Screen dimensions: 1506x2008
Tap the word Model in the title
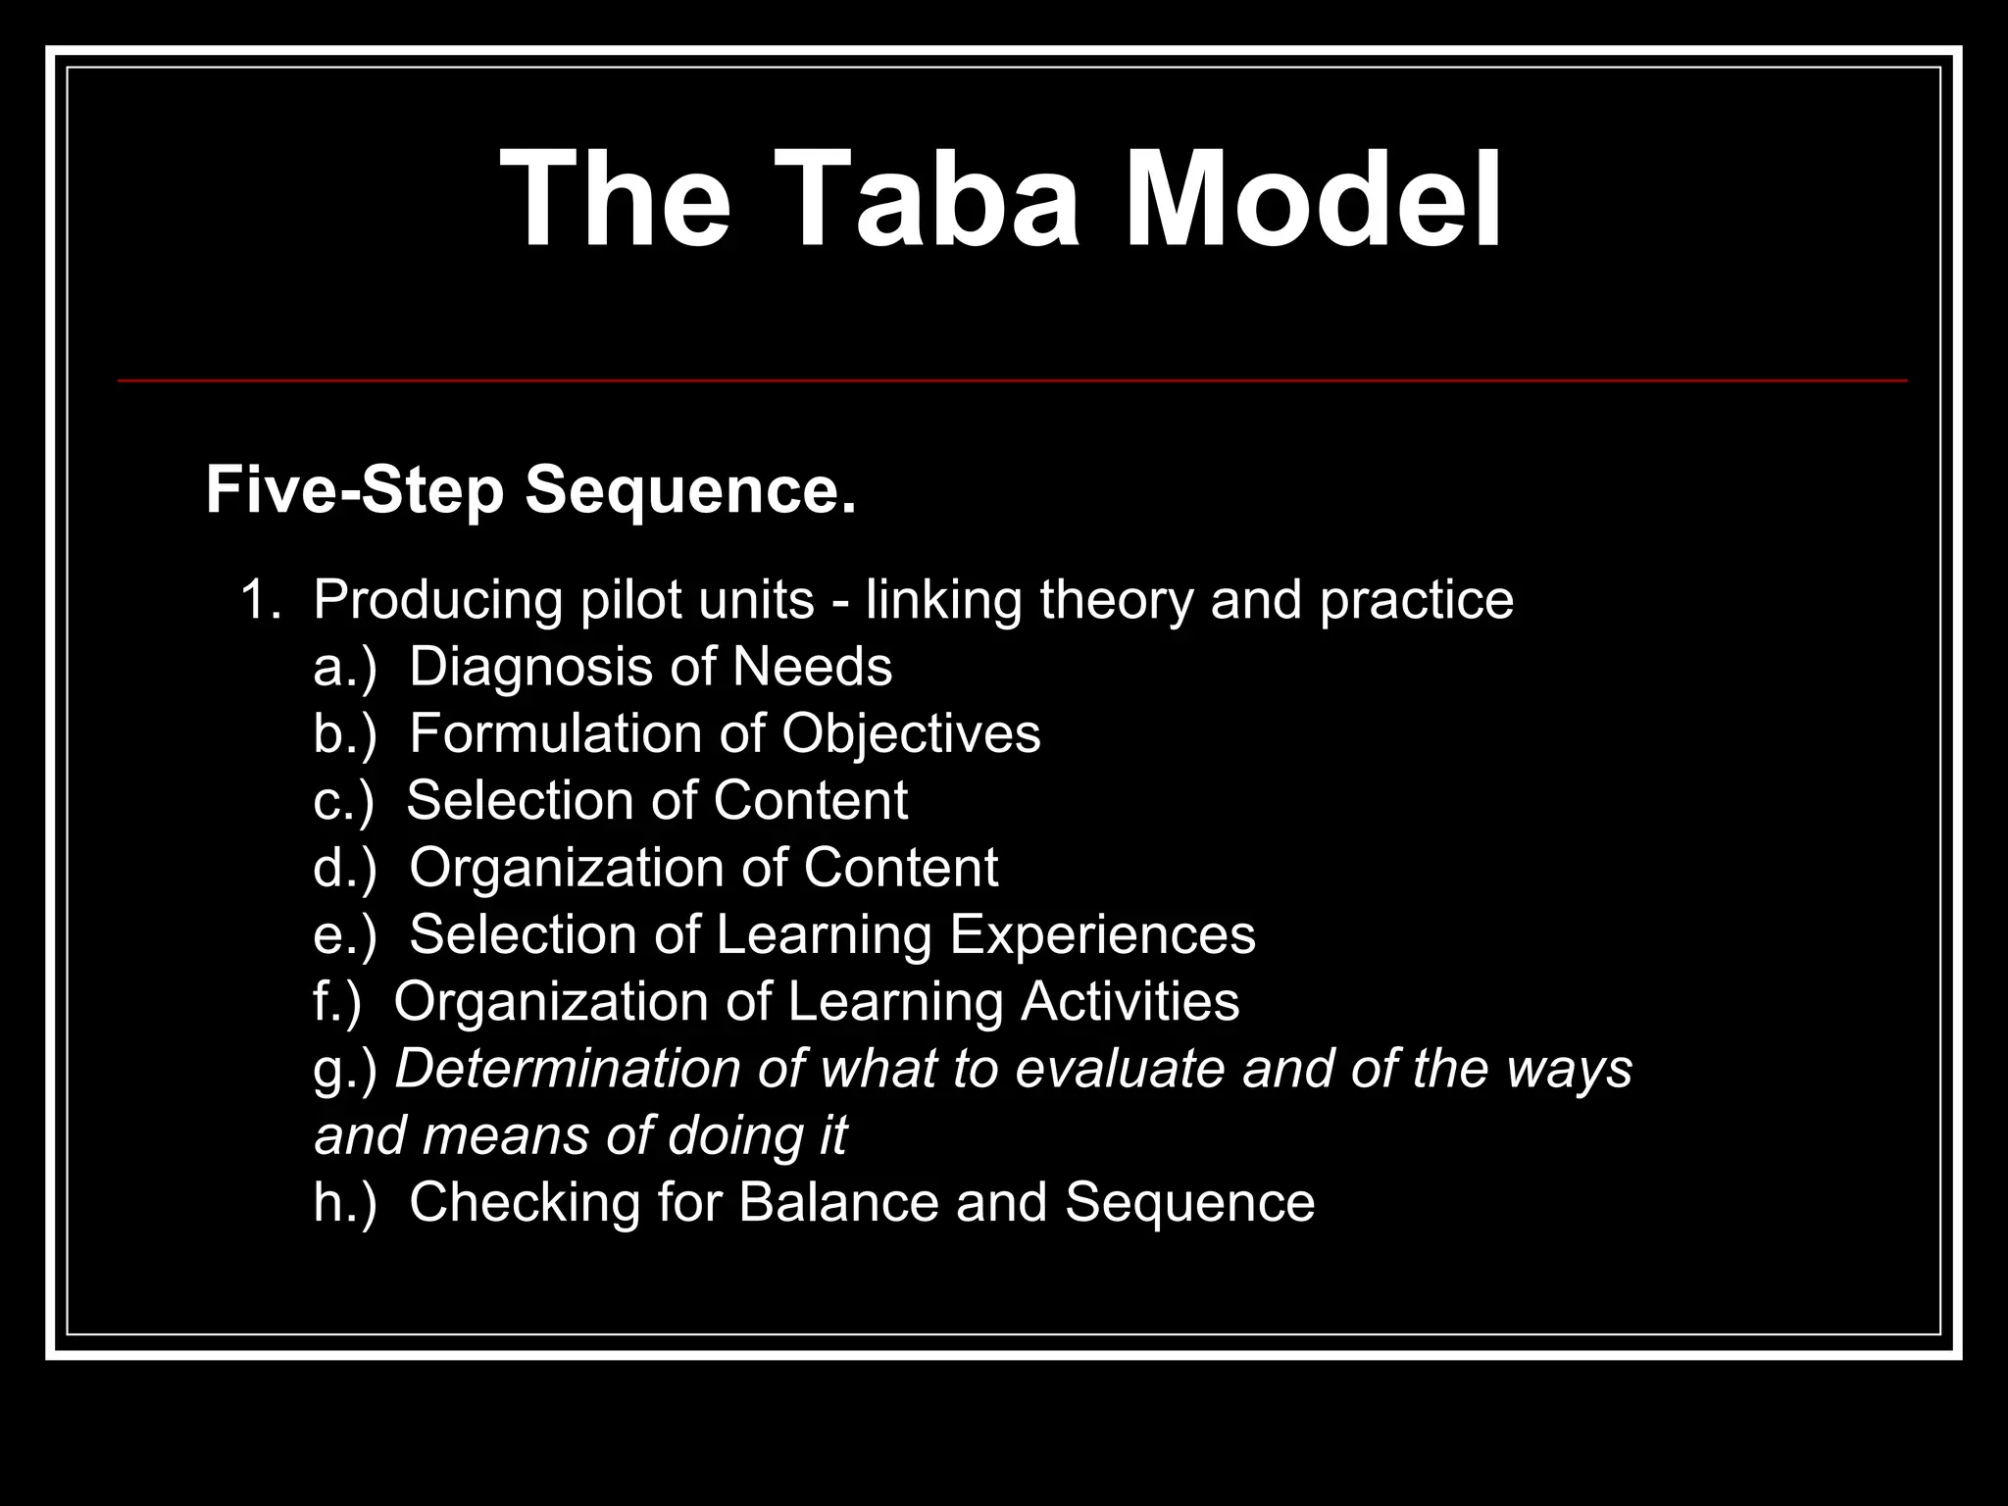1312,199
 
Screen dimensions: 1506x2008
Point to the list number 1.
258,600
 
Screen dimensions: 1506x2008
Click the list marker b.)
344,734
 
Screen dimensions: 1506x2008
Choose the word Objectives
911,734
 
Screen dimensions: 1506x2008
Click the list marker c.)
343,801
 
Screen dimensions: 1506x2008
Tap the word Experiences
1102,934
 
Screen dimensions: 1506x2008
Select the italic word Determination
568,1069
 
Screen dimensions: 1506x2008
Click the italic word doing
722,1137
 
